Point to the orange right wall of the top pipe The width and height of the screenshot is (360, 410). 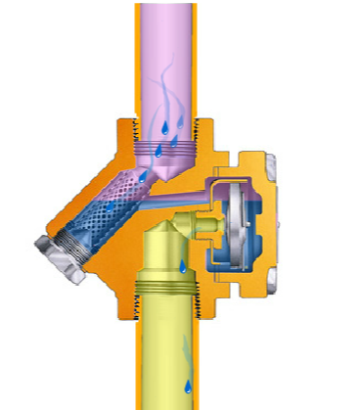(x=200, y=59)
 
